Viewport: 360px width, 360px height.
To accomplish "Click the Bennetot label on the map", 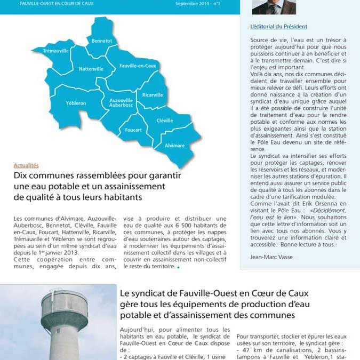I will [101, 41].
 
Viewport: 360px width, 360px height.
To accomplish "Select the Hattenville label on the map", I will [91, 69].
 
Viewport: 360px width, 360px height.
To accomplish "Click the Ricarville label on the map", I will [153, 94].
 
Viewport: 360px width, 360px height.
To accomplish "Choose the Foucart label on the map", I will [133, 130].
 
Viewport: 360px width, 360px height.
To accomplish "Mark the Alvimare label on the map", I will [175, 145].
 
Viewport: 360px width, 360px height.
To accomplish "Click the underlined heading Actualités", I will [26, 165].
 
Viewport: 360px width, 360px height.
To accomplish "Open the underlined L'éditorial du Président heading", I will [278, 26].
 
